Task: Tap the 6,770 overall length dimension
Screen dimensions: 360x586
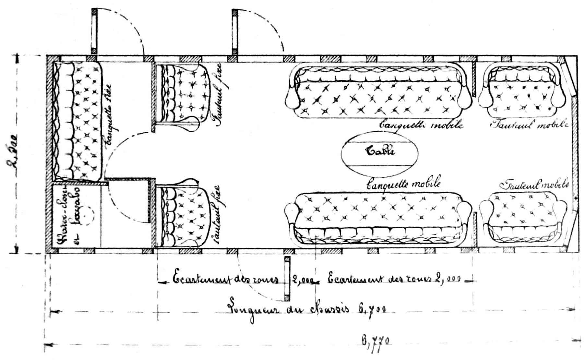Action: pyautogui.click(x=375, y=341)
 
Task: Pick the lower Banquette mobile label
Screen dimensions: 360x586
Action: pyautogui.click(x=403, y=184)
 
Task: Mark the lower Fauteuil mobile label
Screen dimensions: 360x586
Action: pyautogui.click(x=534, y=185)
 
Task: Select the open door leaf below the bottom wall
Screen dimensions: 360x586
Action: pyautogui.click(x=287, y=279)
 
